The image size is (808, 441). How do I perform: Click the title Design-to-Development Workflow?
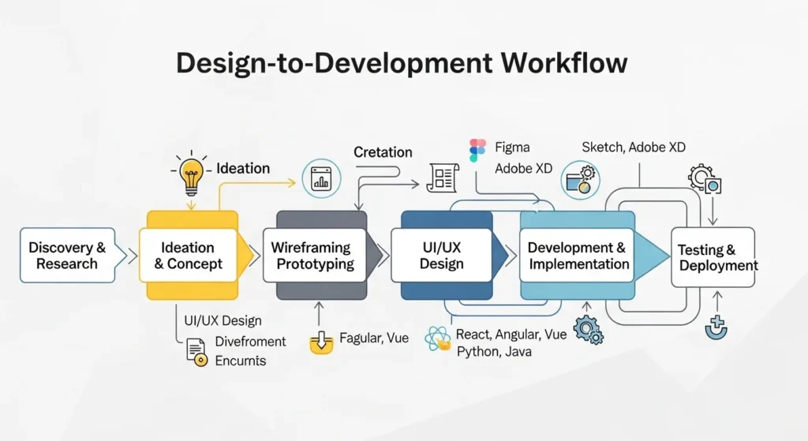(x=402, y=63)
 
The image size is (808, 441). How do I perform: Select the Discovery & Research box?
(x=67, y=256)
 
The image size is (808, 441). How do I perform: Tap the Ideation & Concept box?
(x=187, y=256)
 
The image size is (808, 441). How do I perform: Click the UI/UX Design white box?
(x=441, y=256)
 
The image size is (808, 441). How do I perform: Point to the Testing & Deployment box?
(x=713, y=257)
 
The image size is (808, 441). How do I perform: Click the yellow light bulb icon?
(x=190, y=175)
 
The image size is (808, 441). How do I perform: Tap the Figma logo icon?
(x=477, y=150)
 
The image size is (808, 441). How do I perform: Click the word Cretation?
(x=383, y=151)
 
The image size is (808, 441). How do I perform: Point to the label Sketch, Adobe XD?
(x=634, y=148)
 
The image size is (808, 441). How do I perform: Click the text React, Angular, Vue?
(x=511, y=334)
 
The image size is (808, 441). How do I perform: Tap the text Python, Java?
(x=494, y=351)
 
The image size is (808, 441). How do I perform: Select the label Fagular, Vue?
(x=374, y=338)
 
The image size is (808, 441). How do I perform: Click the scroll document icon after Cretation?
(x=443, y=178)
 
